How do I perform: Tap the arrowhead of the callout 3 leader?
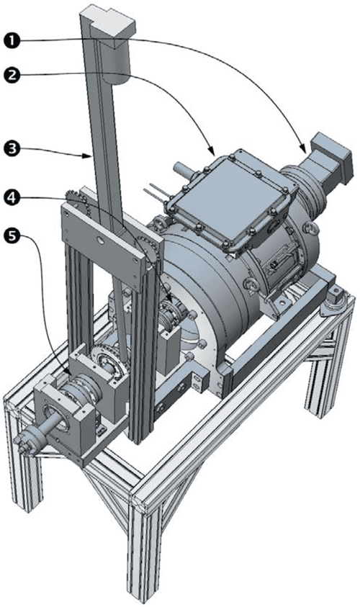pyautogui.click(x=91, y=155)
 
